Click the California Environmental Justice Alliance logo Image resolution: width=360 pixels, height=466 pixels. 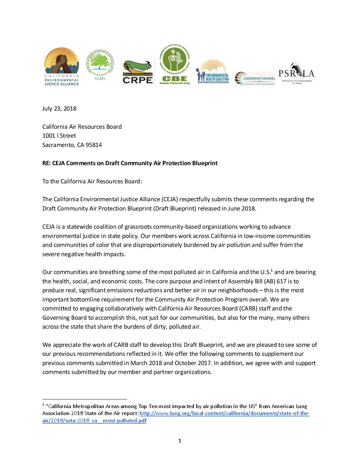pyautogui.click(x=62, y=67)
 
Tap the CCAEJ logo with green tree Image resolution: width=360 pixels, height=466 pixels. pyautogui.click(x=100, y=65)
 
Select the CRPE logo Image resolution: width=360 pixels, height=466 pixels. pyautogui.click(x=138, y=72)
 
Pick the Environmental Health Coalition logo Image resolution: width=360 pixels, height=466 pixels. pyautogui.click(x=213, y=71)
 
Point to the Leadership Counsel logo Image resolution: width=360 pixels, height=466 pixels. pyautogui.click(x=255, y=79)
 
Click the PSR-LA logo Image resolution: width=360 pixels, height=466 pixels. pyautogui.click(x=296, y=73)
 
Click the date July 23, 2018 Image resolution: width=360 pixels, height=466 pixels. pyautogui.click(x=59, y=109)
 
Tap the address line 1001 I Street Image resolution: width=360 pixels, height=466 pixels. pyautogui.click(x=59, y=136)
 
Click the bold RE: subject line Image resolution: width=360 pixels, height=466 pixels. pyautogui.click(x=130, y=163)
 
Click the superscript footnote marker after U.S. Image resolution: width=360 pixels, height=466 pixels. pyautogui.click(x=272, y=270)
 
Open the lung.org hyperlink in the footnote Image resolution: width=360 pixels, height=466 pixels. pyautogui.click(x=224, y=413)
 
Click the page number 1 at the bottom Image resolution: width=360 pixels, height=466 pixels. pyautogui.click(x=180, y=441)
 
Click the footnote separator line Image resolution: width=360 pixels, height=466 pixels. pyautogui.click(x=84, y=399)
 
